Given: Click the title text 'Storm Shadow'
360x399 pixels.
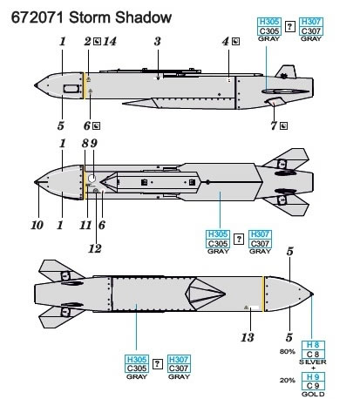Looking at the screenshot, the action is point(120,17).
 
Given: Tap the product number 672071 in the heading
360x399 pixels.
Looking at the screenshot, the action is point(37,17).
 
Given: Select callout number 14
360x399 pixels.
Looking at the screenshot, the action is point(110,42).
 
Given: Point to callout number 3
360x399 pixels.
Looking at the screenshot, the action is point(157,42).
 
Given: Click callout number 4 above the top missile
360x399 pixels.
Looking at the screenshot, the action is point(226,42).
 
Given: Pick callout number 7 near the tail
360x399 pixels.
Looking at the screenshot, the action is point(274,126).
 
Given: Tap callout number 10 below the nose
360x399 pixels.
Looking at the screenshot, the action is point(37,225).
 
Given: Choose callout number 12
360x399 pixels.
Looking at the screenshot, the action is point(95,248).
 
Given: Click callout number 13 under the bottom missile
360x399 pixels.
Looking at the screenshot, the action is point(248,337).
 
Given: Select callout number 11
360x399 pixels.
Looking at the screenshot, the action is point(85,225).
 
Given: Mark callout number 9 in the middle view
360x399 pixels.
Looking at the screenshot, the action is point(93,144).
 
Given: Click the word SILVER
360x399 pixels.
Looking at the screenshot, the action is point(313,362).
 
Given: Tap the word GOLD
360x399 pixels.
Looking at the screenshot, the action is point(313,394).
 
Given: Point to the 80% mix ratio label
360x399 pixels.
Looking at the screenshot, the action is point(288,352).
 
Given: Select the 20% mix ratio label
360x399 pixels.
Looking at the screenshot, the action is point(288,381).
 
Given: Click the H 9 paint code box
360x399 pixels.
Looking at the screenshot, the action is point(313,377).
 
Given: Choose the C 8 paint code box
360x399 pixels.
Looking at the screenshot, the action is point(313,355).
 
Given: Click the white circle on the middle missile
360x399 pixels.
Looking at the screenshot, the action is point(92,179).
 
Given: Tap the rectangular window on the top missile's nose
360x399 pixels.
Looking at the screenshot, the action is point(71,89).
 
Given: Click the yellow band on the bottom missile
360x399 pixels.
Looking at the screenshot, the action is point(264,294).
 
